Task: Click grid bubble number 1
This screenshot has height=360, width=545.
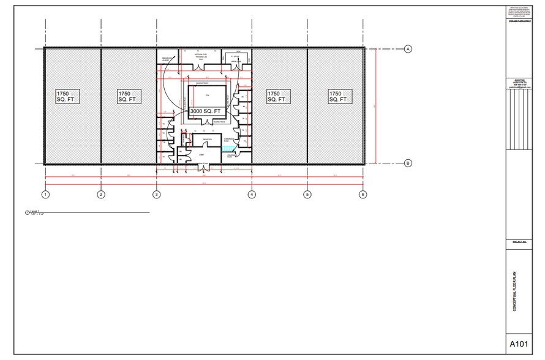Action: point(45,195)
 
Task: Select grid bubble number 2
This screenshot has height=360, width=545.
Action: point(101,195)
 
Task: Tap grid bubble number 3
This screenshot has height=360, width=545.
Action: point(156,195)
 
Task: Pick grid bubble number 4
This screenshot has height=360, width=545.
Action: point(252,195)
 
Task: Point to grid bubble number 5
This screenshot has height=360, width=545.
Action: point(307,195)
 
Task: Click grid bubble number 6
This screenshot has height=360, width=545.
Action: point(363,195)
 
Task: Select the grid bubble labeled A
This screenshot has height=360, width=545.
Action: point(408,49)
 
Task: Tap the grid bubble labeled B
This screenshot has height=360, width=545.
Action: point(408,163)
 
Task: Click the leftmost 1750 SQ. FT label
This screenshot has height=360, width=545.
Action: point(69,96)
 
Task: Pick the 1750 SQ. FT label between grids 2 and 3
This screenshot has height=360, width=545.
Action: point(129,96)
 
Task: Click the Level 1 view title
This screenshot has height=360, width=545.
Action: point(34,211)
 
